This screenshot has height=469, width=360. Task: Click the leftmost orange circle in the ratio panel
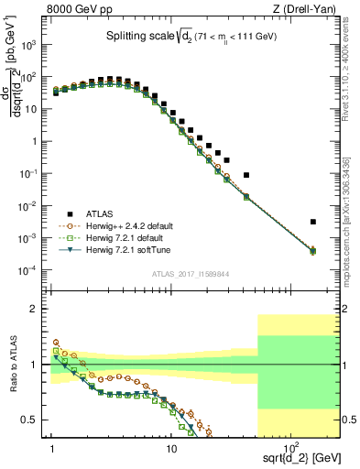coord(55,343)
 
